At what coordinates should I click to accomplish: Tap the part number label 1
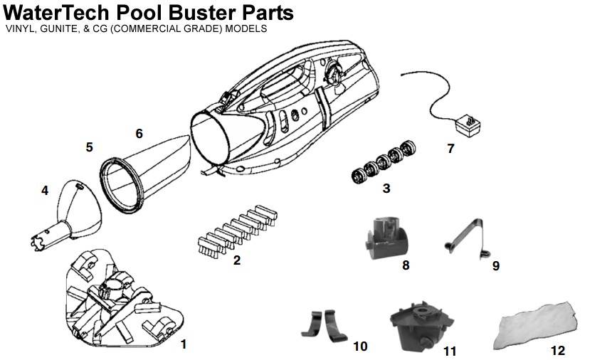click(x=184, y=344)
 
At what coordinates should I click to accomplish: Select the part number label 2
click(x=237, y=260)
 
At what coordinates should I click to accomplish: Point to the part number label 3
click(x=386, y=189)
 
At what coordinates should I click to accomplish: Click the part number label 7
click(x=450, y=149)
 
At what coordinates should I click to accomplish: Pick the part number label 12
click(x=557, y=351)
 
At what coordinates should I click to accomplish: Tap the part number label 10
click(x=360, y=346)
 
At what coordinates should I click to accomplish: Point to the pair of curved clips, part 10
click(x=324, y=326)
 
